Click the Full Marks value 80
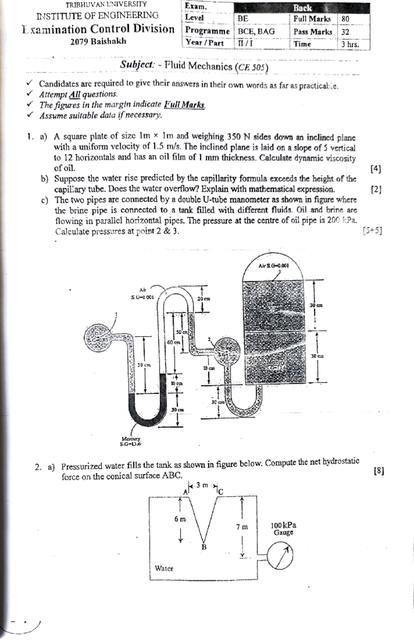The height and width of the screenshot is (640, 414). (x=345, y=19)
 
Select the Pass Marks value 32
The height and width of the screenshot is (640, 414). (x=345, y=32)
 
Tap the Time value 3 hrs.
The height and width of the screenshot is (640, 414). (x=350, y=45)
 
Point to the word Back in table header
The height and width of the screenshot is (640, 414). (x=302, y=8)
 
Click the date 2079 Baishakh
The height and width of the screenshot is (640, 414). (x=98, y=41)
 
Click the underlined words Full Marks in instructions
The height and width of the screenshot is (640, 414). (x=184, y=105)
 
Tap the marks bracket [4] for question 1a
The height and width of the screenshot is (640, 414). (x=375, y=169)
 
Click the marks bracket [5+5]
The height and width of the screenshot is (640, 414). (x=372, y=231)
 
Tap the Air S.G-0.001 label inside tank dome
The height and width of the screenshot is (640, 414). (x=274, y=266)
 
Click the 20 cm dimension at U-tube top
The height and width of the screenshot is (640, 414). (x=204, y=299)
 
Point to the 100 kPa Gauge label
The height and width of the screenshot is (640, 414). (x=283, y=529)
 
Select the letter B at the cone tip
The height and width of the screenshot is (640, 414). (x=204, y=547)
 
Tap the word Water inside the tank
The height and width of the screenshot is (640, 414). (x=164, y=568)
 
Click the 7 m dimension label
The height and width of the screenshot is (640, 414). (x=242, y=527)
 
